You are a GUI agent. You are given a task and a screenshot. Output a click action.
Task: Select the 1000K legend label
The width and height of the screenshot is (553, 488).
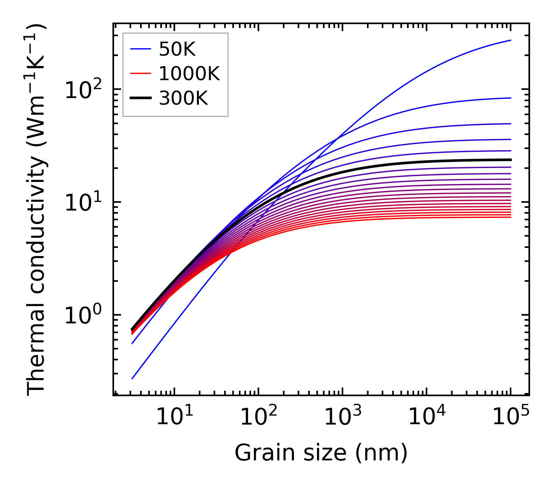point(189,74)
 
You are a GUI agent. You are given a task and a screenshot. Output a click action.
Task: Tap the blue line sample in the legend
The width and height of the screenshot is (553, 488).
point(140,49)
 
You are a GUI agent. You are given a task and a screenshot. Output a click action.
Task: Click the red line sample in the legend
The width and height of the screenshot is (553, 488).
point(140,74)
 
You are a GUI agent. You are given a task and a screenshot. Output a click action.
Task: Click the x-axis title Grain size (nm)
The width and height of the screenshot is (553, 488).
point(321,453)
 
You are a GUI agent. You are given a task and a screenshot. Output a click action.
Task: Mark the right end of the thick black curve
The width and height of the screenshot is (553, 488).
point(511,160)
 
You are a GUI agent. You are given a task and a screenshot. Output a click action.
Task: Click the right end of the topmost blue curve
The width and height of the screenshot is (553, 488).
point(511,40)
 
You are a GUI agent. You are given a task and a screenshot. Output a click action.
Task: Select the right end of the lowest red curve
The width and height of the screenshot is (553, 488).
point(511,217)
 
